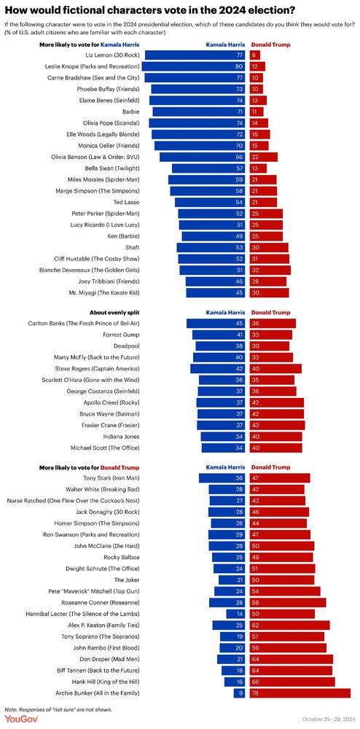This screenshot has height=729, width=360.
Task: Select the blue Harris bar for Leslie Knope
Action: tap(193, 66)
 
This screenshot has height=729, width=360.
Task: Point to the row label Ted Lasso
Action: tap(103, 202)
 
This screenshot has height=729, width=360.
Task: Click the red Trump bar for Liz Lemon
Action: tap(254, 55)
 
